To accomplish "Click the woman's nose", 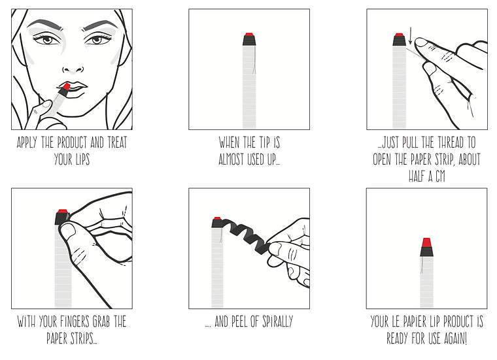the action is point(73,67).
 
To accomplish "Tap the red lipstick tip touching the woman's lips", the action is point(66,86).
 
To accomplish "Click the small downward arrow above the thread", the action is point(410,40).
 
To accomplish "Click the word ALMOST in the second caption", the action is point(231,159).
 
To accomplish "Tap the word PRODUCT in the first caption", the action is point(73,142).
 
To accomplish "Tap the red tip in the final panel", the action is point(426,242).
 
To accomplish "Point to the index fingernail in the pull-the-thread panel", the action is point(422,42).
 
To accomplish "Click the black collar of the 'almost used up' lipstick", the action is point(249,41).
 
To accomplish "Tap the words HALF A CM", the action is point(427,176).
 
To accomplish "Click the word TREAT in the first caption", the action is point(117,142).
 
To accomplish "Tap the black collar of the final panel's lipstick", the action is point(426,252).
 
